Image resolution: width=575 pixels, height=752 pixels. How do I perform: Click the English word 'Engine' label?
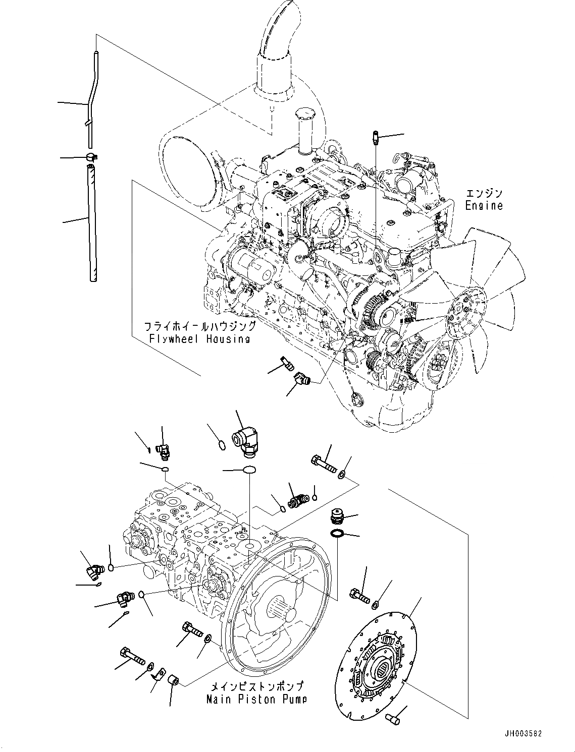coord(484,206)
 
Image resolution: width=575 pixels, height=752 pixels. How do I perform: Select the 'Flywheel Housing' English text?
coord(199,338)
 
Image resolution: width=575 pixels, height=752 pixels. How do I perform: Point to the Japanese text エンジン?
coord(484,194)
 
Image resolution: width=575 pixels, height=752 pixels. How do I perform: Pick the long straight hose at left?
coord(92,222)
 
